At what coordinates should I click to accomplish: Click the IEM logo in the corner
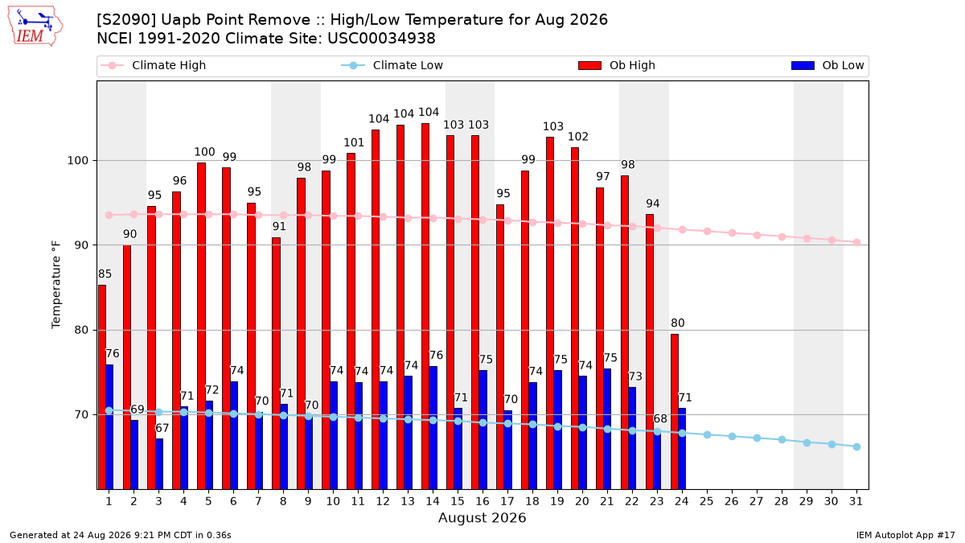(x=35, y=26)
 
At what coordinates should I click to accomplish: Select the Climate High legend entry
(x=154, y=65)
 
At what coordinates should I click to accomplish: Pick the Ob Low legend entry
(x=827, y=65)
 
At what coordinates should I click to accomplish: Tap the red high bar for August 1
(x=102, y=387)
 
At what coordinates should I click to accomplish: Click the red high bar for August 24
(x=675, y=412)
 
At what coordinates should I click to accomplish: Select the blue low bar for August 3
(x=159, y=463)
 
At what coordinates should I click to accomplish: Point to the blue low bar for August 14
(x=433, y=427)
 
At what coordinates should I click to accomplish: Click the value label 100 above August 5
(x=204, y=152)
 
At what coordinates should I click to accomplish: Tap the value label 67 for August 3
(x=162, y=428)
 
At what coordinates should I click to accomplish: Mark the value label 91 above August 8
(x=279, y=226)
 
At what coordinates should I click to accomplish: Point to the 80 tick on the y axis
(x=81, y=330)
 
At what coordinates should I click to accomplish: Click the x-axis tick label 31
(x=856, y=501)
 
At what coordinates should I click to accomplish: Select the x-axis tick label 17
(x=507, y=501)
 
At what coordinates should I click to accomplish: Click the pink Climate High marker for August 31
(x=857, y=243)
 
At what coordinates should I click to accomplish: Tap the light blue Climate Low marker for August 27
(x=757, y=438)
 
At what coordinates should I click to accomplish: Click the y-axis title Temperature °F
(x=56, y=285)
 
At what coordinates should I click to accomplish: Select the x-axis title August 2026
(x=482, y=517)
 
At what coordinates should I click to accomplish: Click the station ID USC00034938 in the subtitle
(x=381, y=39)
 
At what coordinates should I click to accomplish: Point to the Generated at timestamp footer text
(x=120, y=535)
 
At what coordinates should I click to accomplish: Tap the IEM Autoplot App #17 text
(x=905, y=535)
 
